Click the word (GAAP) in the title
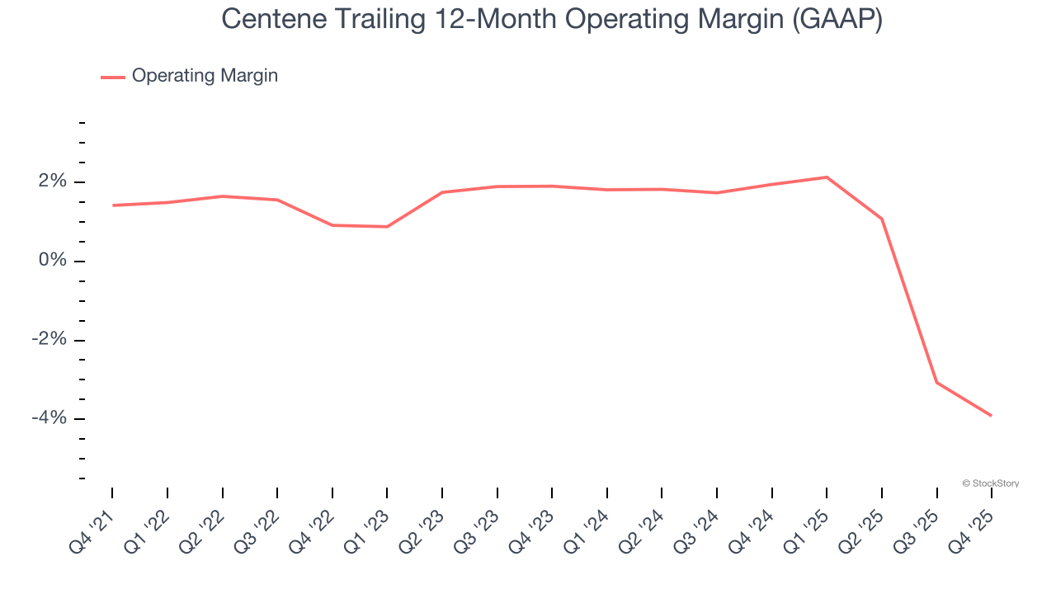(x=837, y=20)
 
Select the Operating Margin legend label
(x=205, y=76)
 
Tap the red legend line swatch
(x=113, y=77)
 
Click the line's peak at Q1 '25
(x=827, y=177)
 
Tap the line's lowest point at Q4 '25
(x=991, y=416)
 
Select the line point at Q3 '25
(x=936, y=382)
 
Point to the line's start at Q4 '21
(x=112, y=205)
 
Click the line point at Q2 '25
(x=882, y=219)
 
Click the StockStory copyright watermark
(x=990, y=483)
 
